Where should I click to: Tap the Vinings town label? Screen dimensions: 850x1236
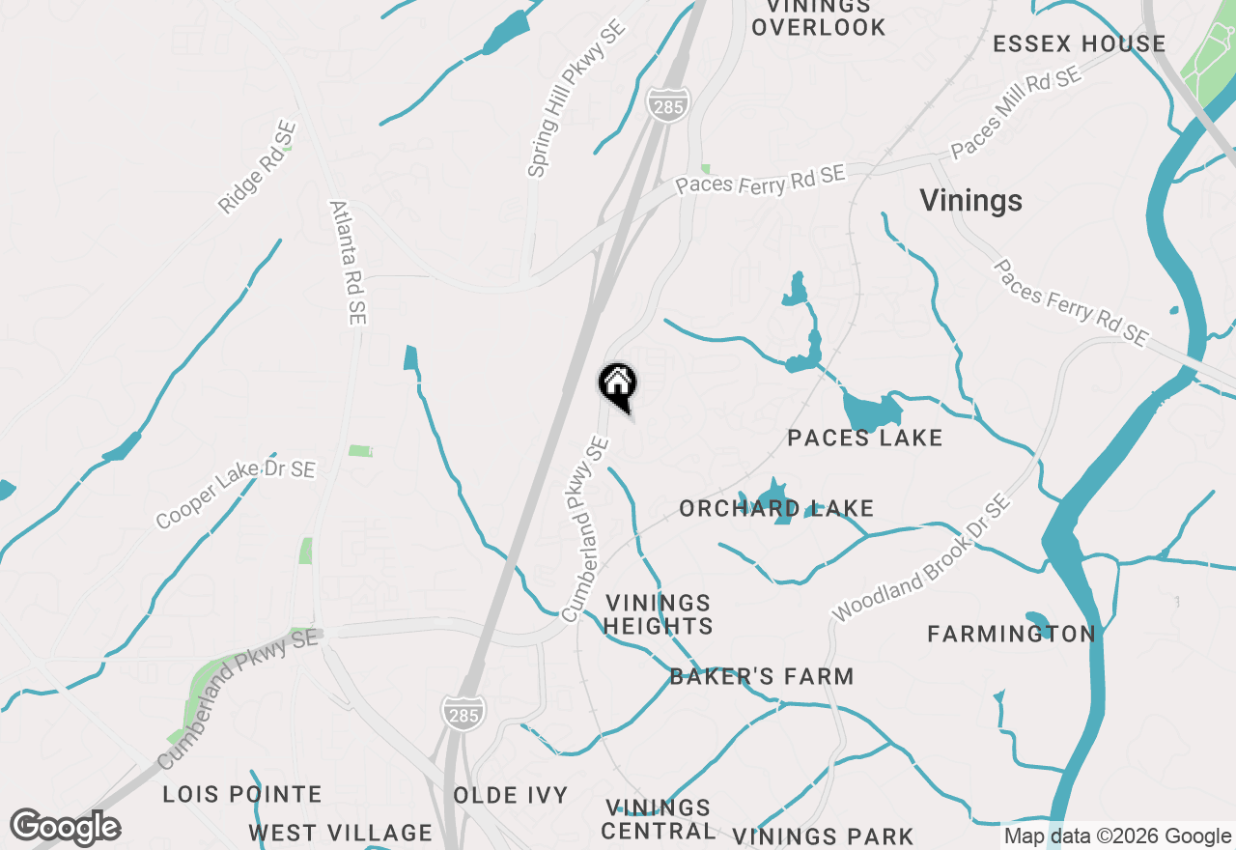970,201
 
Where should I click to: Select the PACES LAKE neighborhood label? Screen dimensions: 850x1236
864,438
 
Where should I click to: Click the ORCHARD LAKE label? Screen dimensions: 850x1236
776,508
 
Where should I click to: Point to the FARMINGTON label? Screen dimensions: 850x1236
1011,634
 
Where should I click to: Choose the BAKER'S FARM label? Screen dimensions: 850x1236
762,676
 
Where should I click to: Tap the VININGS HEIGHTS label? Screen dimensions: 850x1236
659,614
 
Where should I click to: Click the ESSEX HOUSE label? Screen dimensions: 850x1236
1079,43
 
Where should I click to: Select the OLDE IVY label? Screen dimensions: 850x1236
511,795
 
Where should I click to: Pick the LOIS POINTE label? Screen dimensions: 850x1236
242,795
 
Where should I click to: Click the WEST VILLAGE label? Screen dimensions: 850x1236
340,833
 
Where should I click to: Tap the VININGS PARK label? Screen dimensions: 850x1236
823,836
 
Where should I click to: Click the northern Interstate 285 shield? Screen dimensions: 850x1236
666,104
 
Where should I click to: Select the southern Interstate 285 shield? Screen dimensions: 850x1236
463,712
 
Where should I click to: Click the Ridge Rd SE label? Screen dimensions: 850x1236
257,166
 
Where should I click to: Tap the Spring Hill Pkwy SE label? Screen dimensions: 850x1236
576,99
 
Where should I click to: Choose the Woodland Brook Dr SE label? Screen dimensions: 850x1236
921,559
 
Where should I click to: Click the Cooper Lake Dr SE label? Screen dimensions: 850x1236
236,494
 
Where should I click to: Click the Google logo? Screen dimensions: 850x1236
66,828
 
